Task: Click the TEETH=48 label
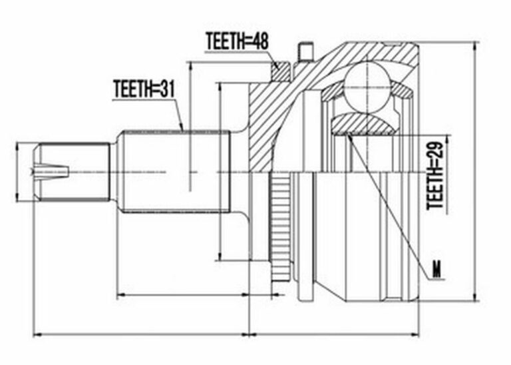[x=237, y=41]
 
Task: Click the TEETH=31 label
[x=144, y=89]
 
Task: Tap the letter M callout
[x=436, y=270]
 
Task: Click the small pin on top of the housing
[x=305, y=51]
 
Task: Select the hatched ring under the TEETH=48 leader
[x=280, y=72]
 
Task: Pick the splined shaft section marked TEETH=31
[x=176, y=172]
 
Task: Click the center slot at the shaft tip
[x=52, y=170]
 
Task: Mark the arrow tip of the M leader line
[x=348, y=133]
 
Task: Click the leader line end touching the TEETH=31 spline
[x=182, y=130]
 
